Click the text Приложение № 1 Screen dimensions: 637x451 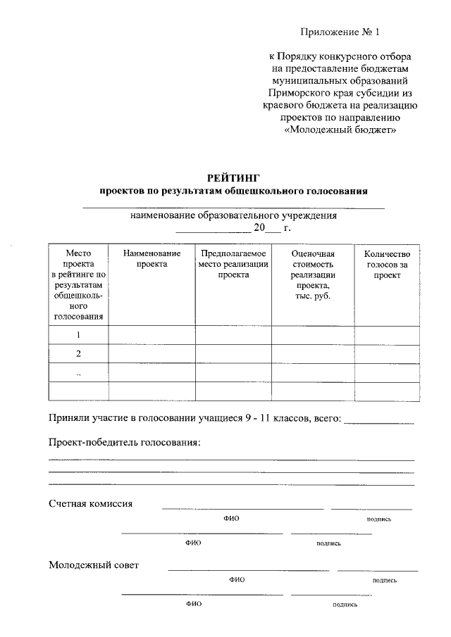click(x=340, y=32)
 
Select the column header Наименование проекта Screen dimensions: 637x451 click(x=152, y=258)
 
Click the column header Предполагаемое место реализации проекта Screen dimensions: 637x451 click(x=233, y=264)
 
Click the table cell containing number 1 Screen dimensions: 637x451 click(x=78, y=335)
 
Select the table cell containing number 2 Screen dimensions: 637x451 click(x=78, y=353)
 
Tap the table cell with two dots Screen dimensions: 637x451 click(x=78, y=372)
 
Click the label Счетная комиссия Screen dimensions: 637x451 click(x=91, y=503)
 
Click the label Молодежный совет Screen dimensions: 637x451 click(x=94, y=565)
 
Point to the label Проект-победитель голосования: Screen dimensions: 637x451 click(x=125, y=442)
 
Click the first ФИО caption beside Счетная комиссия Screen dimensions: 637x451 click(x=232, y=519)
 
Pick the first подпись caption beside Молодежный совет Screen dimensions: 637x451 click(x=385, y=581)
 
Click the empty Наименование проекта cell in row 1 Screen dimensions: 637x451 click(x=152, y=335)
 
